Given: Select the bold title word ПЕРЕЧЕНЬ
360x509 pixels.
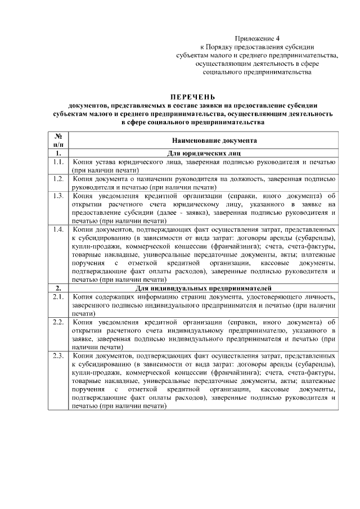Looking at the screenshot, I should (193, 97).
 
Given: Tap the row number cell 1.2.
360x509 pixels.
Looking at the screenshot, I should (57, 179).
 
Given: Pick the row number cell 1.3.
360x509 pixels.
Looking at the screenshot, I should (57, 196).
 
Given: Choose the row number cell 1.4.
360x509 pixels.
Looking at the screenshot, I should (57, 230).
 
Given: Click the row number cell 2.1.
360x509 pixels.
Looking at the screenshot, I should (57, 296).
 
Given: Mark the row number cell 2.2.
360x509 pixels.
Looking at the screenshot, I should (57, 322).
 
